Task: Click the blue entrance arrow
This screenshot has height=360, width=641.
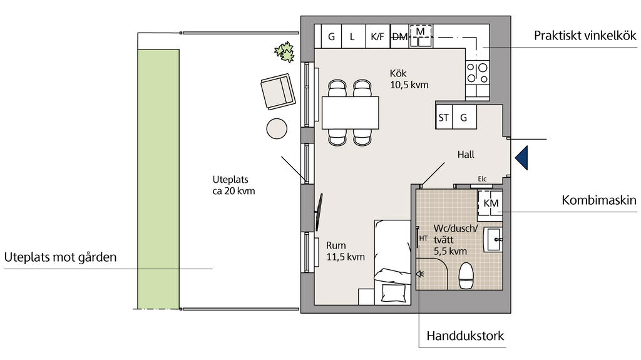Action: coord(522,158)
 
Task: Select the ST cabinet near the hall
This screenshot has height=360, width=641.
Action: coord(444,118)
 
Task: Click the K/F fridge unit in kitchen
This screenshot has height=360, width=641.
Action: coord(377,36)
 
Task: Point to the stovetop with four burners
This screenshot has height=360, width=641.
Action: coord(478,73)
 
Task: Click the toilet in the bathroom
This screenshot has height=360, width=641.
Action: coord(466,275)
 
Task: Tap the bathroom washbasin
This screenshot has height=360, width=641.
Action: coord(493,239)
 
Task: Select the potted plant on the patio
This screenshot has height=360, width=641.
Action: coord(285,52)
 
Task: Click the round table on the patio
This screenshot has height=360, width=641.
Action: coord(277,128)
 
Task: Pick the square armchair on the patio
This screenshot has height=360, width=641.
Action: coord(278,91)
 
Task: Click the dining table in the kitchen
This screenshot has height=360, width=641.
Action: coord(351,113)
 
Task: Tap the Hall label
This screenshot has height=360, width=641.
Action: coord(466,155)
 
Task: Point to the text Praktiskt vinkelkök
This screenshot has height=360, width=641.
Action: coord(585,36)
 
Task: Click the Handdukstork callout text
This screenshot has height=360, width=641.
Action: coord(465,336)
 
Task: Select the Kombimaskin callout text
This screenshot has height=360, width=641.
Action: coord(599,200)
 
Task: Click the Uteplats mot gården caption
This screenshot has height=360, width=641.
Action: coord(61,257)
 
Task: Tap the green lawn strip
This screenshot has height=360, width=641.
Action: coord(158,179)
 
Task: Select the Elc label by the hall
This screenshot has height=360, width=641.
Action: coord(483,179)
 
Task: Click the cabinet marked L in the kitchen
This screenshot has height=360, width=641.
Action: coord(352,36)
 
